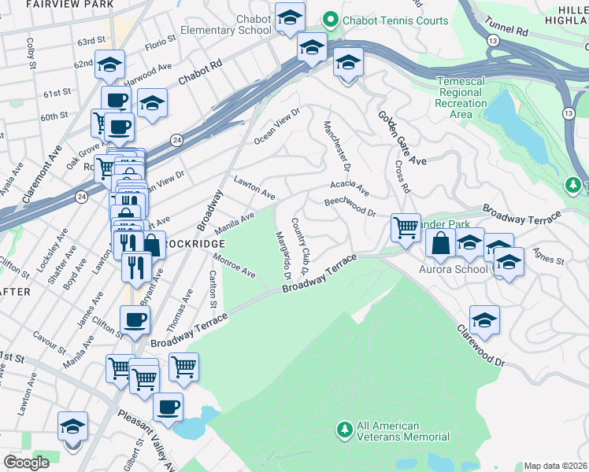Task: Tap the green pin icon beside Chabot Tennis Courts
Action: pyautogui.click(x=331, y=20)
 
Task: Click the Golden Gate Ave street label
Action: pyautogui.click(x=402, y=138)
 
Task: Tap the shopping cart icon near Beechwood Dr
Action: pyautogui.click(x=406, y=229)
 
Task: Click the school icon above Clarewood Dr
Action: pyautogui.click(x=484, y=319)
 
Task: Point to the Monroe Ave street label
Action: pyautogui.click(x=235, y=267)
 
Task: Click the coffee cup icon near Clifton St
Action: pyautogui.click(x=134, y=319)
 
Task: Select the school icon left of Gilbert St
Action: pyautogui.click(x=72, y=426)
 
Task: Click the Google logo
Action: pyautogui.click(x=26, y=462)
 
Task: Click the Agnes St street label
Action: pyautogui.click(x=548, y=256)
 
